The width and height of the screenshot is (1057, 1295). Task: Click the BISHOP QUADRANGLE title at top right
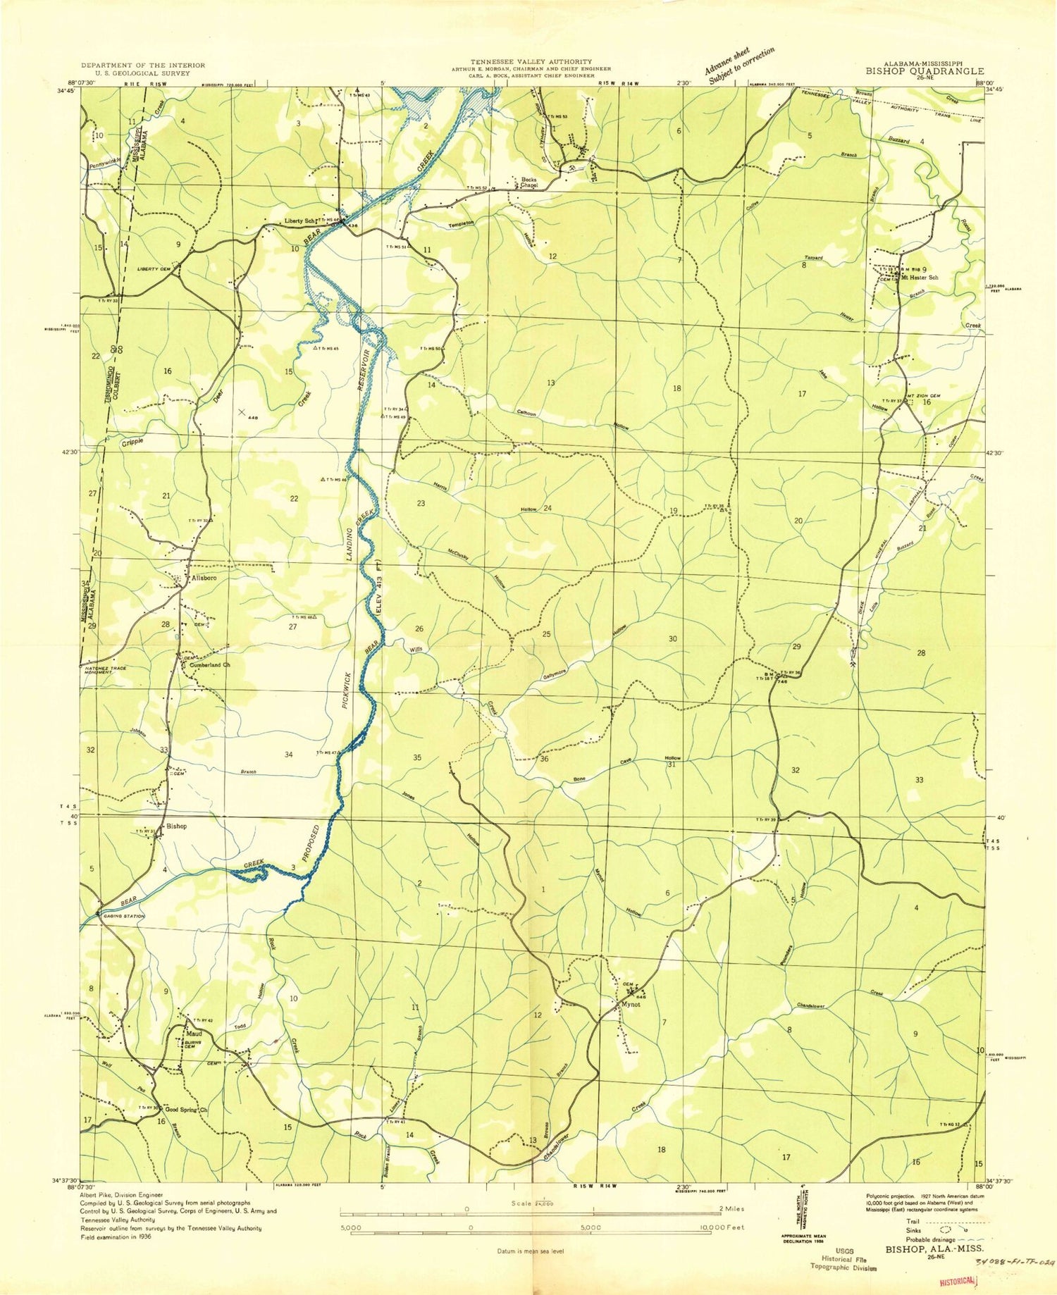tap(925, 71)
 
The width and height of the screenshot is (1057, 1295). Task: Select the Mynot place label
tap(630, 1005)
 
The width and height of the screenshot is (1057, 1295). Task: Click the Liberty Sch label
tap(300, 221)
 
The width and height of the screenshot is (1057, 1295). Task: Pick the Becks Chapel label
tap(529, 182)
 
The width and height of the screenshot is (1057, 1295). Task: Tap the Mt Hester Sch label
tap(920, 278)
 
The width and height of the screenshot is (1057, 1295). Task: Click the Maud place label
tap(194, 1034)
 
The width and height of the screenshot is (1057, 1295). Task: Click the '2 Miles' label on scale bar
tap(729, 1209)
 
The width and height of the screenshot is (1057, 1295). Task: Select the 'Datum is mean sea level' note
tap(528, 1251)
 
